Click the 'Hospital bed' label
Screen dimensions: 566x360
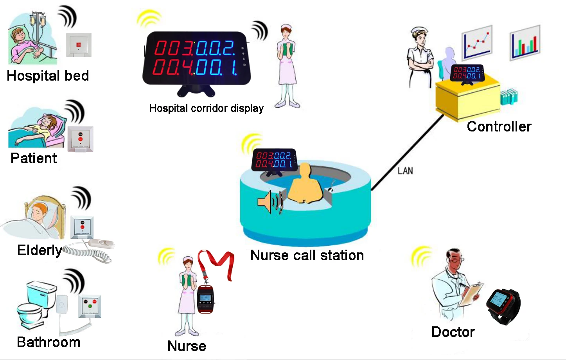coord(48,76)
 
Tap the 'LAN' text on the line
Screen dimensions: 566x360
coord(405,171)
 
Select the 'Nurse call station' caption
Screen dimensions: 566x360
coord(307,255)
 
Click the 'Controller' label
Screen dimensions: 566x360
coord(499,126)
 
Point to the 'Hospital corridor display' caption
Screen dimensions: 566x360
coord(206,108)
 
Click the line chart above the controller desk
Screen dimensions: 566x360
coord(477,43)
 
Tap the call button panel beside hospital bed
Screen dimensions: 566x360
coord(78,45)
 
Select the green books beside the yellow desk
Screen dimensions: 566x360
coord(509,96)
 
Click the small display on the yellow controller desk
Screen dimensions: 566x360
coord(467,73)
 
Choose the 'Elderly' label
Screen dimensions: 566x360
coord(39,250)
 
